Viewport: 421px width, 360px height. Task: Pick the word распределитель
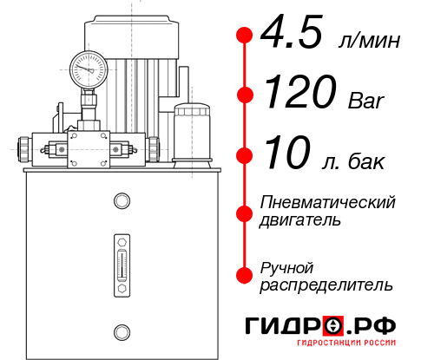click(x=326, y=285)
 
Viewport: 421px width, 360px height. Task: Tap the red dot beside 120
click(x=245, y=95)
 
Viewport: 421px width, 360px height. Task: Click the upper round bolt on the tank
click(x=121, y=201)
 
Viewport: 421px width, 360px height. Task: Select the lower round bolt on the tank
click(x=121, y=331)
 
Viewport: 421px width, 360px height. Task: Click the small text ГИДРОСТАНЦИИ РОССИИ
click(x=347, y=347)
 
